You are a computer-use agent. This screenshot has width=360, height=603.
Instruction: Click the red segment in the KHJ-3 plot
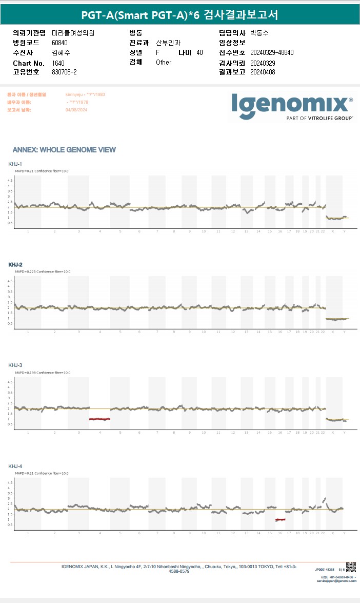99,419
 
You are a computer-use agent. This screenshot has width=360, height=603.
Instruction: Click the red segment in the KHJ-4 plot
280,520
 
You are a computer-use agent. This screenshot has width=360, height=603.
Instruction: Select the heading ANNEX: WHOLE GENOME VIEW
64,150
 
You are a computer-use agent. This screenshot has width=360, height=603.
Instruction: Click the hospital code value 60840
59,43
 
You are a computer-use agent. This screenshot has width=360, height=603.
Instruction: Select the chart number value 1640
58,63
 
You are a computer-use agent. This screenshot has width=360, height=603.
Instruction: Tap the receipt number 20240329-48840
272,53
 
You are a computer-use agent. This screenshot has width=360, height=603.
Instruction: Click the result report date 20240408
263,72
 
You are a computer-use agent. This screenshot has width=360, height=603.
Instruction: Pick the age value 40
199,53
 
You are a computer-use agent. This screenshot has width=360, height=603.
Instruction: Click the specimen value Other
164,63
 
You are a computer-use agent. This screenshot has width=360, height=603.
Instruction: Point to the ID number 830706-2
64,72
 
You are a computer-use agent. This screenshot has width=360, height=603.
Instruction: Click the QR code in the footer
351,567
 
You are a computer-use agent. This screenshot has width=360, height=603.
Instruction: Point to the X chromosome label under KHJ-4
333,534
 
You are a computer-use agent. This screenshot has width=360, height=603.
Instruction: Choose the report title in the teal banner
179,15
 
